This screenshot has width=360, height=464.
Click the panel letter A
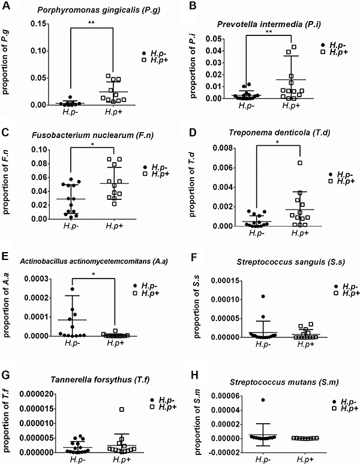pyautogui.click(x=5, y=7)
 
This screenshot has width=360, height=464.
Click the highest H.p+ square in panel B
pyautogui.click(x=293, y=47)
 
